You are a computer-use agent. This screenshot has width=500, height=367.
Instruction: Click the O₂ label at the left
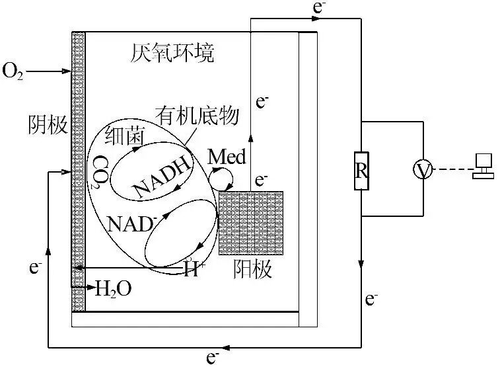(14, 70)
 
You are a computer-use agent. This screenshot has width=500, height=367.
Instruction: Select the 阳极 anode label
(253, 269)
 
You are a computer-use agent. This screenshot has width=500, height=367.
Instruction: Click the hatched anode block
(251, 222)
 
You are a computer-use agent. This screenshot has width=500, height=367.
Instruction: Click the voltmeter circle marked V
(423, 171)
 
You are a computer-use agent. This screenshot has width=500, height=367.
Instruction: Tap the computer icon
(484, 167)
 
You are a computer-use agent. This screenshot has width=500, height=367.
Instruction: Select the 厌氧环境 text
(172, 53)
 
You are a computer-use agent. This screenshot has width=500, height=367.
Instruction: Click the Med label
(227, 157)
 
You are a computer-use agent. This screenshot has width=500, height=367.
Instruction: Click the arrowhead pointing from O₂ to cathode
(66, 70)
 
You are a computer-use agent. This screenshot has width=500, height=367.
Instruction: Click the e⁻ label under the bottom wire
(213, 358)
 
